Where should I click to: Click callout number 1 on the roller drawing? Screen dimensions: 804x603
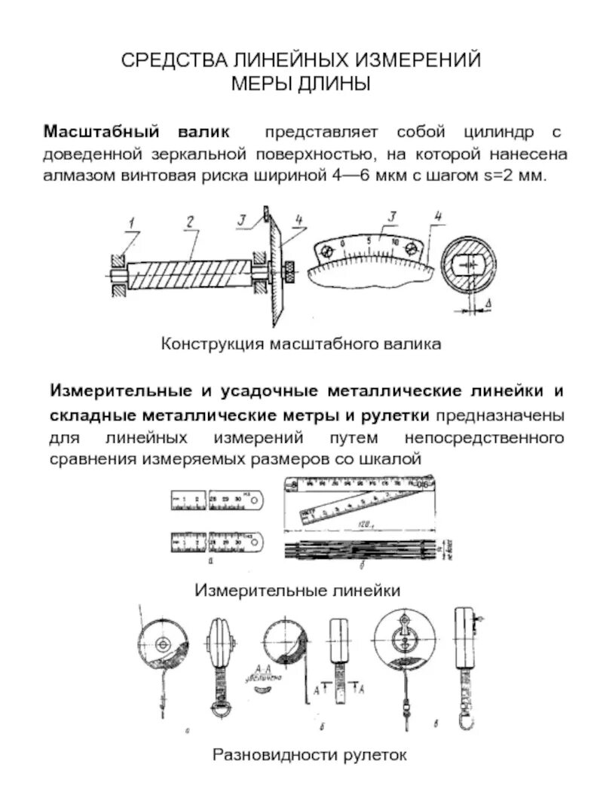130,222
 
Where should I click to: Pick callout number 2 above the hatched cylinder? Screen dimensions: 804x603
191,222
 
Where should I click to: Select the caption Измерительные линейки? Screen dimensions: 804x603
298,590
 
